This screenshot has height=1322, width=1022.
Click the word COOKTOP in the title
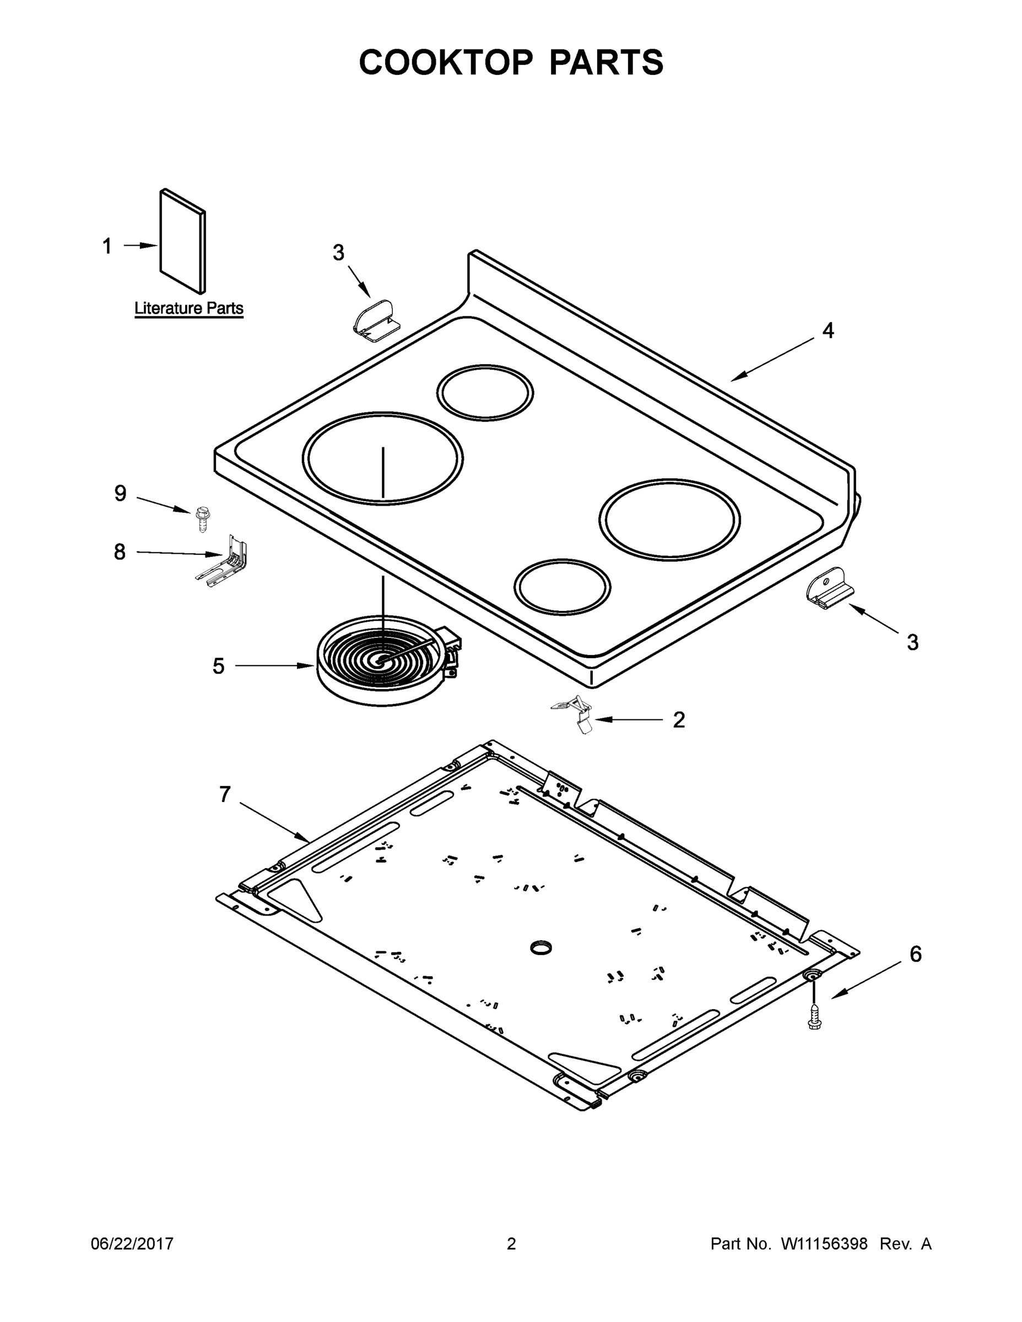pos(446,62)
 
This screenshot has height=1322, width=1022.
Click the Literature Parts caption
pos(188,308)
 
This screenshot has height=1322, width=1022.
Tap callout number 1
pos(107,246)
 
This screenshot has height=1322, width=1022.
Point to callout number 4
pos(828,330)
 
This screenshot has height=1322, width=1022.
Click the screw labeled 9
pos(203,519)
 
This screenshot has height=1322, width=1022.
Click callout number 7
pos(225,794)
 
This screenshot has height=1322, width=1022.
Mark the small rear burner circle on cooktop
pos(485,392)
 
